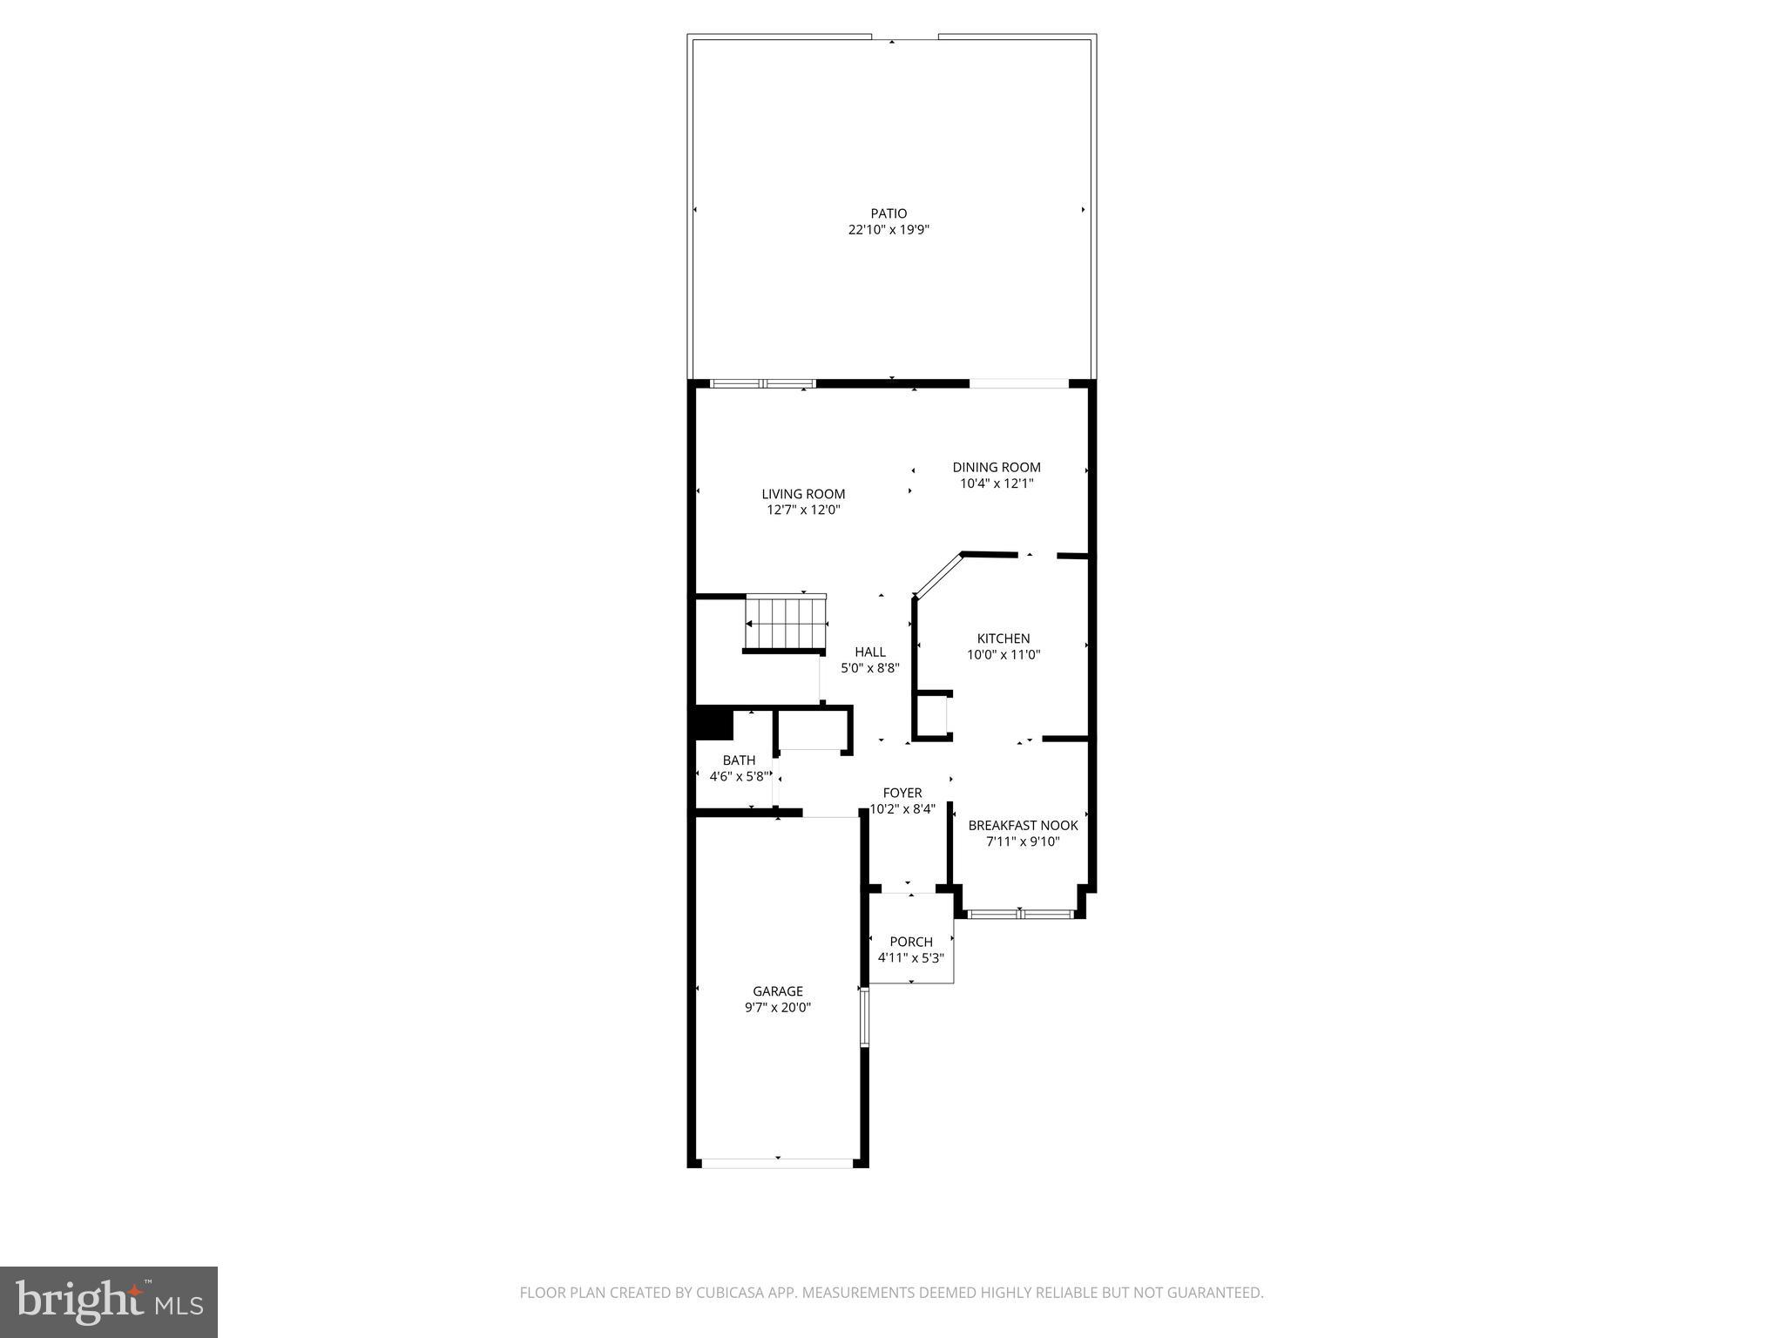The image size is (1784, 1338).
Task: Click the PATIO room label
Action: click(889, 213)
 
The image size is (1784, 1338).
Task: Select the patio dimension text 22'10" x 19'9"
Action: click(889, 230)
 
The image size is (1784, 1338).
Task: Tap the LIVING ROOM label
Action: click(803, 494)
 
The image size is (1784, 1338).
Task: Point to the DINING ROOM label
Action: click(997, 467)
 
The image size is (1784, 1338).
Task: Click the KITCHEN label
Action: click(1003, 639)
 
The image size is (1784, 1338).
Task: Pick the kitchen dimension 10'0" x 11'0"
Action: click(1003, 655)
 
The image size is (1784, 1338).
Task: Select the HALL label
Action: click(870, 652)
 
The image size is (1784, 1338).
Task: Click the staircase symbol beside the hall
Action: click(786, 624)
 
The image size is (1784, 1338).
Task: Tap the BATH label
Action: click(739, 760)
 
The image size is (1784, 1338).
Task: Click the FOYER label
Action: click(902, 793)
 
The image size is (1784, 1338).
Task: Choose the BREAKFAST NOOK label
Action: click(1023, 825)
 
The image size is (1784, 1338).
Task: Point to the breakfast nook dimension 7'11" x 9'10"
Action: click(1023, 841)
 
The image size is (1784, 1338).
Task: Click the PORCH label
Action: click(911, 942)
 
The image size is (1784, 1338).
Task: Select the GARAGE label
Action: click(778, 991)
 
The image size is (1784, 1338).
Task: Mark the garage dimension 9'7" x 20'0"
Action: click(778, 1008)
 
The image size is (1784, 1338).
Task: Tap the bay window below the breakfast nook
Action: click(1020, 914)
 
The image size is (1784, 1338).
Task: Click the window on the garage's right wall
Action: click(864, 1016)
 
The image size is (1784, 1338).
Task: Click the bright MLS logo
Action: click(109, 1301)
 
